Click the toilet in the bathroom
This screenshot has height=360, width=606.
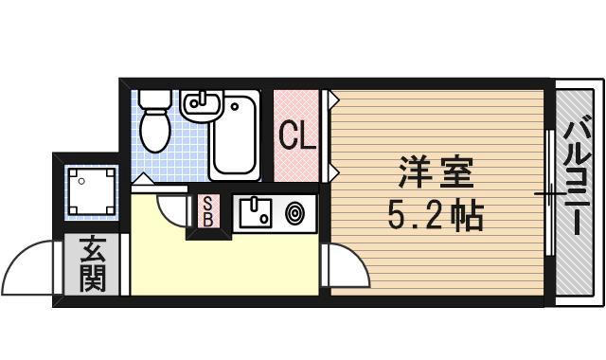click(152, 125)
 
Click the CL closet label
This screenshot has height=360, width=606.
click(296, 136)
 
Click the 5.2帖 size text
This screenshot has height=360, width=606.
click(435, 218)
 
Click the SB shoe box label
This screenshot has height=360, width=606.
click(207, 210)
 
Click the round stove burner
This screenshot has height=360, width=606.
click(294, 214)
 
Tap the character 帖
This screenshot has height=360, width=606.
click(466, 218)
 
